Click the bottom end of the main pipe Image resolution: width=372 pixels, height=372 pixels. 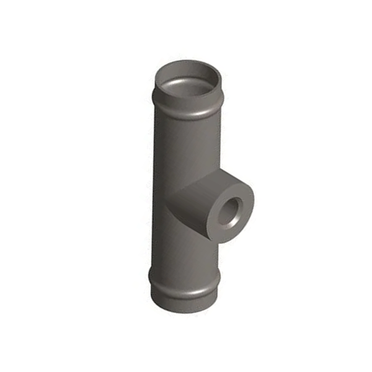[x=184, y=307]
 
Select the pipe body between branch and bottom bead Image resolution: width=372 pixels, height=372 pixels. [x=180, y=254]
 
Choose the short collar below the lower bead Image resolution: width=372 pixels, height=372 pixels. [x=184, y=298]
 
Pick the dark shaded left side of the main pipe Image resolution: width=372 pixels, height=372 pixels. [x=157, y=186]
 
